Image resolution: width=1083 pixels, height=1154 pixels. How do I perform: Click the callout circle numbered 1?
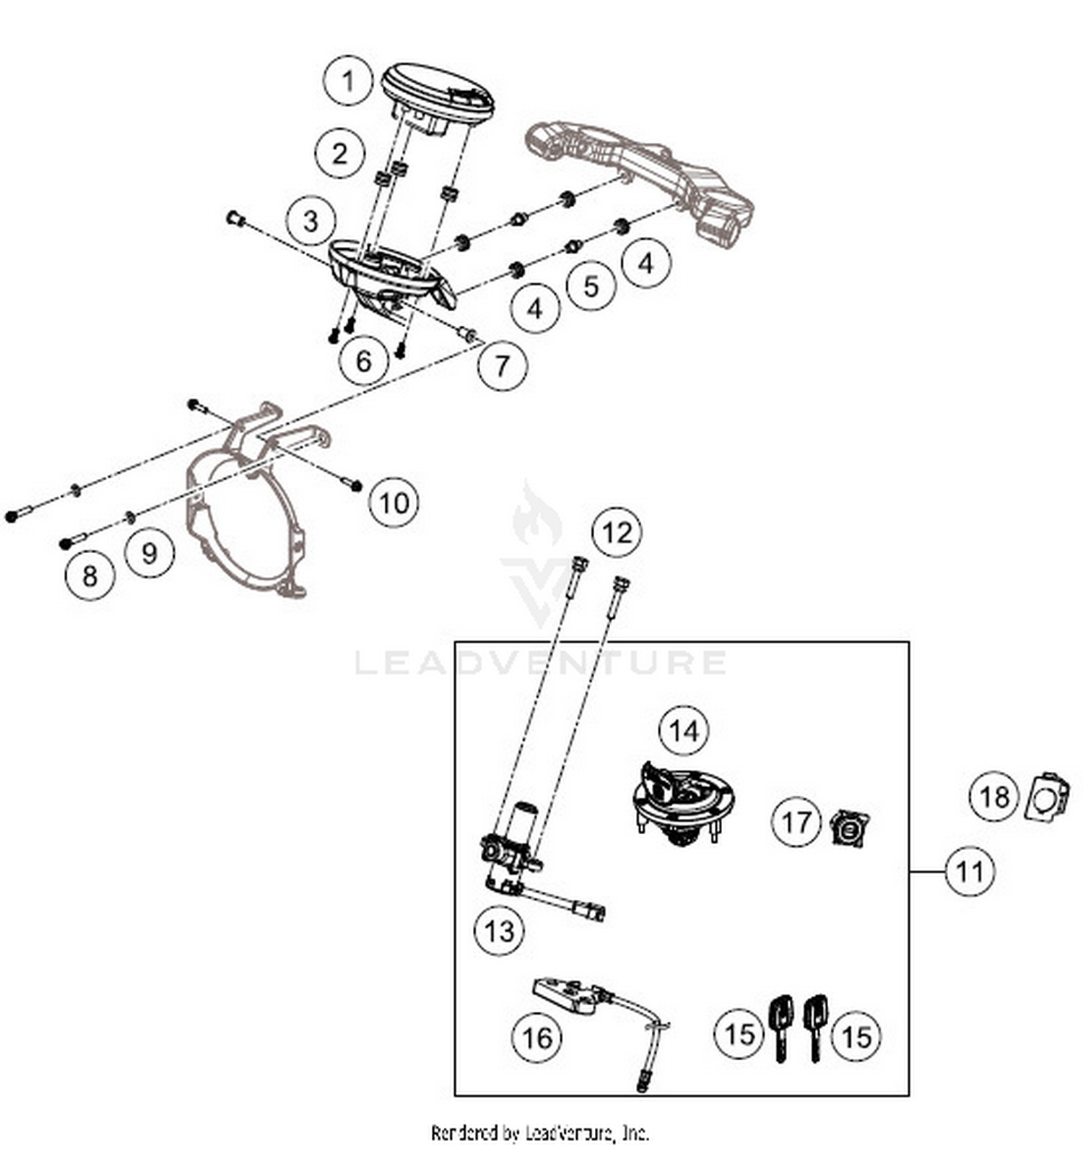348,81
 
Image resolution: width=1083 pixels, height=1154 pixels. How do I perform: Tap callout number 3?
310,221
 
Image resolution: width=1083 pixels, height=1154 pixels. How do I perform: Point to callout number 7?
503,365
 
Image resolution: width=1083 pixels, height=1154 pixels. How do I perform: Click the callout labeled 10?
394,503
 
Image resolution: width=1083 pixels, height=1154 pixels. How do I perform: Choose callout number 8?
90,576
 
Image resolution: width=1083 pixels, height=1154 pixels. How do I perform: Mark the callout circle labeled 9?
149,553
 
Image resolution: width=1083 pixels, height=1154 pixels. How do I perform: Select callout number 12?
616,533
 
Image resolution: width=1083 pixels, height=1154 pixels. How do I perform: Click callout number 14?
684,732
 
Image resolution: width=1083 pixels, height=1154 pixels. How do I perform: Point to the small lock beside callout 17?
850,828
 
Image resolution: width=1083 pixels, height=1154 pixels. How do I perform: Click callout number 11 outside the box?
970,871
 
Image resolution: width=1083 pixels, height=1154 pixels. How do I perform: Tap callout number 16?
536,1038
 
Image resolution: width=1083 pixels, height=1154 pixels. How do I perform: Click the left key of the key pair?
780,1025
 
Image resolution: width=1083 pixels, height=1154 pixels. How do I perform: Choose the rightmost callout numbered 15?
856,1037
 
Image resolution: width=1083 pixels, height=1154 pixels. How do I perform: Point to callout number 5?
591,286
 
